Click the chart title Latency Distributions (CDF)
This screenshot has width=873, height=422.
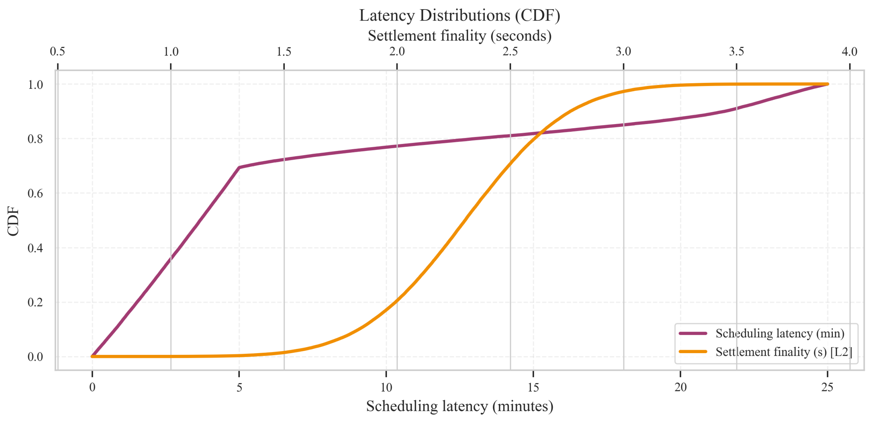click(460, 16)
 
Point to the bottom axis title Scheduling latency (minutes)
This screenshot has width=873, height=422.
click(460, 406)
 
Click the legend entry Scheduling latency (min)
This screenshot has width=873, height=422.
click(779, 333)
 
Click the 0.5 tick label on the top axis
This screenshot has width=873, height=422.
click(57, 52)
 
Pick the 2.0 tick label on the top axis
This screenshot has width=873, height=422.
click(397, 52)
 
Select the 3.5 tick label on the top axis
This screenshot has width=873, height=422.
click(736, 52)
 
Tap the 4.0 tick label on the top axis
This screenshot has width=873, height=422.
click(849, 52)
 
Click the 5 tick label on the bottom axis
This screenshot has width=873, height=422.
click(239, 387)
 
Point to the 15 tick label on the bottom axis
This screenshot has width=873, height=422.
click(533, 387)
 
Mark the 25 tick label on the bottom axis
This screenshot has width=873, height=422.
click(827, 387)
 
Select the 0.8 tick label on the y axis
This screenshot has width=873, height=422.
click(35, 139)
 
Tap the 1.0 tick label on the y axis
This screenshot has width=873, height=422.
click(35, 85)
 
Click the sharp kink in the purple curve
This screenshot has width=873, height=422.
click(239, 168)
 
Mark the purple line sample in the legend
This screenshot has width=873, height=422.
click(693, 333)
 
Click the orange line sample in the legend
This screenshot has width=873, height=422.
click(693, 352)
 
